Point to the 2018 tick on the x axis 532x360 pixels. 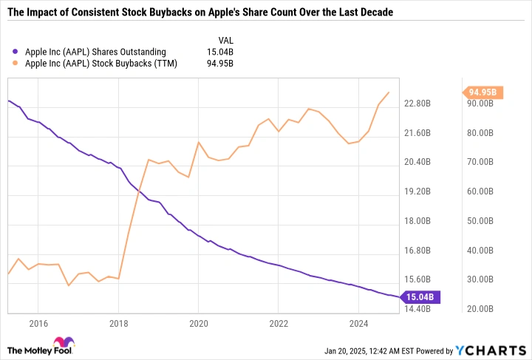[118, 323]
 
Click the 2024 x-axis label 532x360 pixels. [358, 323]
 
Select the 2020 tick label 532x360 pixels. [198, 323]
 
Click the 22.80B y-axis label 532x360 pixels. [420, 103]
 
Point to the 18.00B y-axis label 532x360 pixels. [420, 221]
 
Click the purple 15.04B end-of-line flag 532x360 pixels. [421, 297]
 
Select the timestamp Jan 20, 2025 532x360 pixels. [347, 350]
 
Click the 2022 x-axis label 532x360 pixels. [279, 323]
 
